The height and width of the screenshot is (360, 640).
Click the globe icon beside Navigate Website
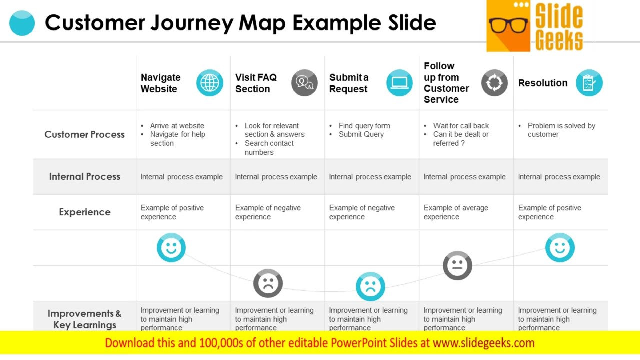point(209,83)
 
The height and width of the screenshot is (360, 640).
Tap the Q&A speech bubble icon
point(304,83)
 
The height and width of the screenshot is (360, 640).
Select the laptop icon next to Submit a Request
point(399,83)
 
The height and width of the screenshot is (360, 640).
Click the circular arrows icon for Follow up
point(494,83)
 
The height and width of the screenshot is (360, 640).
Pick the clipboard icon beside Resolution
point(589,83)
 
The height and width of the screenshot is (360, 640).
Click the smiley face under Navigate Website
point(171,247)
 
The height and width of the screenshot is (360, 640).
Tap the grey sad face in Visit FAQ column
point(268,283)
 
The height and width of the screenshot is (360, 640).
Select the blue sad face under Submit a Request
point(370,286)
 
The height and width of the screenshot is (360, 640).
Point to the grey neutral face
point(457,265)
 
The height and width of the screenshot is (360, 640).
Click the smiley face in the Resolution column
point(560,247)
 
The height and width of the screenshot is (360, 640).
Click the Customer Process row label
point(84,134)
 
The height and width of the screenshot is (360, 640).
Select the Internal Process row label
point(84,176)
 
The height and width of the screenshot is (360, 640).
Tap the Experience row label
point(84,212)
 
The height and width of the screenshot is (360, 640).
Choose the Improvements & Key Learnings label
point(84,319)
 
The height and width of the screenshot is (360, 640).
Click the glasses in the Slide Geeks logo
point(508,25)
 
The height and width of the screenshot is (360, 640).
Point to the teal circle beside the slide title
point(22,23)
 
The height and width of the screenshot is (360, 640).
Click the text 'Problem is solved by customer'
point(561,130)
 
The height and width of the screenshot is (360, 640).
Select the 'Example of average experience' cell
point(456,212)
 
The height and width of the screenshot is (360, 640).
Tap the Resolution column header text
point(543,83)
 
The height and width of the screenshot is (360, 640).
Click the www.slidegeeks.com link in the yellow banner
point(483,343)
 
